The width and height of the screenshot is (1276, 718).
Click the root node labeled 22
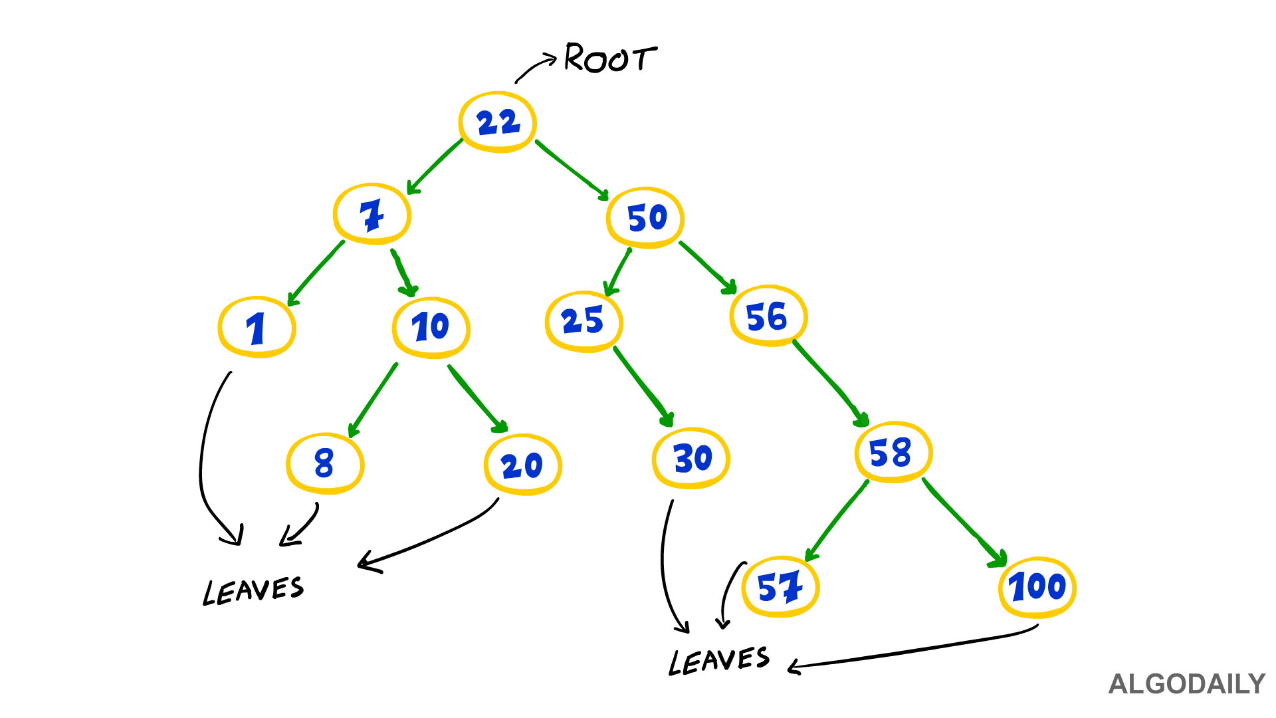coord(497,122)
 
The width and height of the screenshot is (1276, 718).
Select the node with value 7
coord(372,214)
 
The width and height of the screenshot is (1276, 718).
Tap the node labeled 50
coord(645,217)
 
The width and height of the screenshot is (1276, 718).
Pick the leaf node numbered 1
coord(257,327)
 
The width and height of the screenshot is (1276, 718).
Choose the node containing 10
coord(431,327)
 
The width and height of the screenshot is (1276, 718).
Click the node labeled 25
coord(584,321)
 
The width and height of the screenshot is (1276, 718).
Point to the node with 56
coord(768,316)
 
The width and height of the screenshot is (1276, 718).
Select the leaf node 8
coord(325,463)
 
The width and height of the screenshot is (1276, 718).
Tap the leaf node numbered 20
coord(523,465)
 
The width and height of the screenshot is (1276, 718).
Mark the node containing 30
coord(691,458)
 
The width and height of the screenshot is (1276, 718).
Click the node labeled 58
coord(893,452)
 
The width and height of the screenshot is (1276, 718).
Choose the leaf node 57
coord(780,587)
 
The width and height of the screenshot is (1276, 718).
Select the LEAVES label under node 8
coord(253,590)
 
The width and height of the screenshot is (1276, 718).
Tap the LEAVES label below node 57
coord(718,661)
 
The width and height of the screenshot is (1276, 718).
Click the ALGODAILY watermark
coord(1186,684)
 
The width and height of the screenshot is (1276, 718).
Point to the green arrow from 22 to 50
coord(572,170)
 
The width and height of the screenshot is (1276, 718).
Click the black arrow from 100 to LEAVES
coord(917,650)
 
